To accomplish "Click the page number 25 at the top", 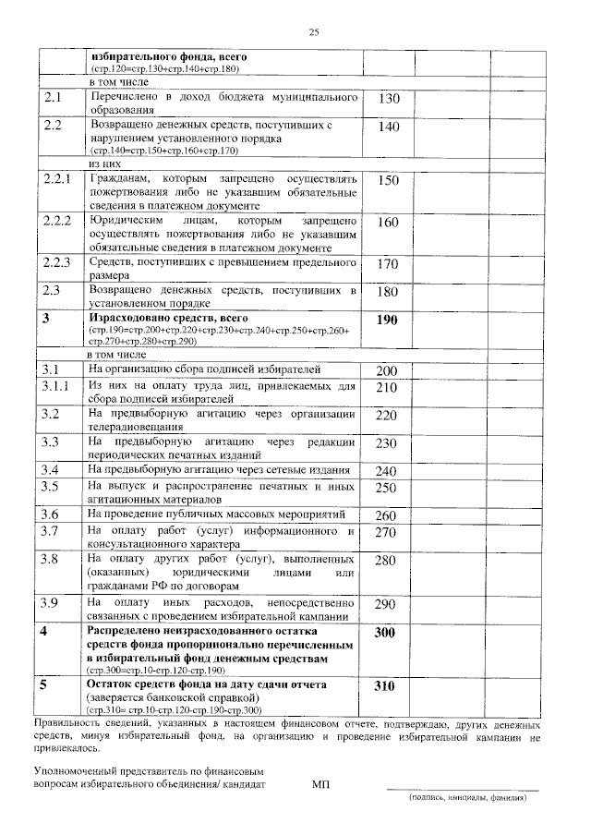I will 313,32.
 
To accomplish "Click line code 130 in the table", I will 389,99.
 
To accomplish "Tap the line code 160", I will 389,223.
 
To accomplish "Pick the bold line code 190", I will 389,320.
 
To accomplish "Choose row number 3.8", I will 51,559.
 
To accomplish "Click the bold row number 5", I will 43,685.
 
